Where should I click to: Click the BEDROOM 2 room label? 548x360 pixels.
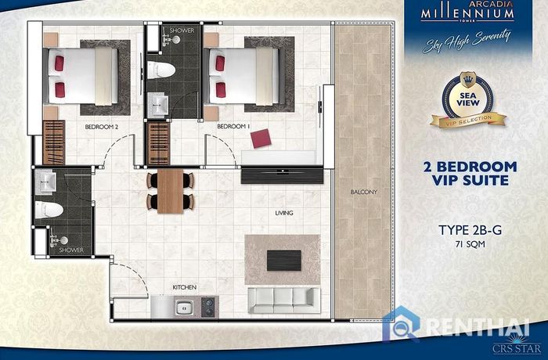[101, 127]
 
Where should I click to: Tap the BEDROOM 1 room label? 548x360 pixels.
[233, 127]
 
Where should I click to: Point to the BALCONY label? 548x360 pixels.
[364, 192]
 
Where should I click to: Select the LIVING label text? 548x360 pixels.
[284, 213]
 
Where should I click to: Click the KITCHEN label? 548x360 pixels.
[185, 287]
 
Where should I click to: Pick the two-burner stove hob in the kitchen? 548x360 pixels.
[209, 307]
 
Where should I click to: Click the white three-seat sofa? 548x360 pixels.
[283, 301]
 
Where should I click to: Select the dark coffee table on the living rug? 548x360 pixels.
[283, 261]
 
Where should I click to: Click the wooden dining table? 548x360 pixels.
[170, 191]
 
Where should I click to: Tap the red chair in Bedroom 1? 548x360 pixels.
[261, 139]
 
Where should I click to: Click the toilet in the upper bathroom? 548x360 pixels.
[160, 70]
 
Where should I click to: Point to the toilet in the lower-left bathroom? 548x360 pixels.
[49, 210]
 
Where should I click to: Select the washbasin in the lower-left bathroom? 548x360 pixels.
[45, 181]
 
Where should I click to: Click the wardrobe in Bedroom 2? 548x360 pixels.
[54, 142]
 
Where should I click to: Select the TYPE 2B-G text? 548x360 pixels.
[470, 230]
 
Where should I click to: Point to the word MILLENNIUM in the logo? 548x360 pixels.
[467, 13]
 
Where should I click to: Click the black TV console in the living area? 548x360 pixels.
[282, 175]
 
